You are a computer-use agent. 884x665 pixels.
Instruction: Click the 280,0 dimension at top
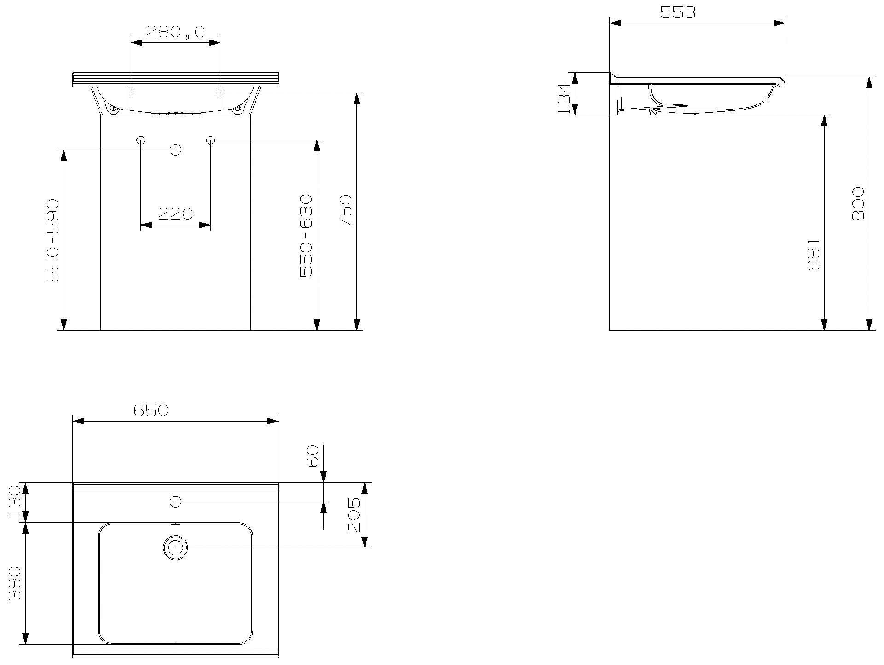(x=175, y=32)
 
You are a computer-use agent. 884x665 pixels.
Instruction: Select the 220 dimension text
(x=175, y=214)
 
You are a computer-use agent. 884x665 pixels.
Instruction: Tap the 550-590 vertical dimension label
(x=53, y=240)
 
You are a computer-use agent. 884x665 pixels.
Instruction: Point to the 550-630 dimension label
(x=306, y=236)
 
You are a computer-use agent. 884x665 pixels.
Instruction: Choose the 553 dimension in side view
(x=678, y=12)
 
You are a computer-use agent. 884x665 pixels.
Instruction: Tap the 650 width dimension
(x=151, y=410)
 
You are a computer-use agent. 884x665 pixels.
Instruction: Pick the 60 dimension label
(x=313, y=456)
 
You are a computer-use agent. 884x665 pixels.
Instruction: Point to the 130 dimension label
(x=14, y=502)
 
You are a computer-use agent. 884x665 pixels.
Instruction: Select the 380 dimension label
(x=15, y=583)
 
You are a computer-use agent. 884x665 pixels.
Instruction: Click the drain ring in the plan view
(x=175, y=548)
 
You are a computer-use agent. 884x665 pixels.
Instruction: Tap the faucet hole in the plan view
(x=175, y=502)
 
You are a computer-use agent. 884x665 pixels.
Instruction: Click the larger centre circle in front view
(x=175, y=150)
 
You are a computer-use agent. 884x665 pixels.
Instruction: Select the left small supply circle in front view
(x=141, y=140)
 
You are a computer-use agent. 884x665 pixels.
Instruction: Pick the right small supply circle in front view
(x=210, y=140)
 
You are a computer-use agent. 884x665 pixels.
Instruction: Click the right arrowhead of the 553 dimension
(x=779, y=23)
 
